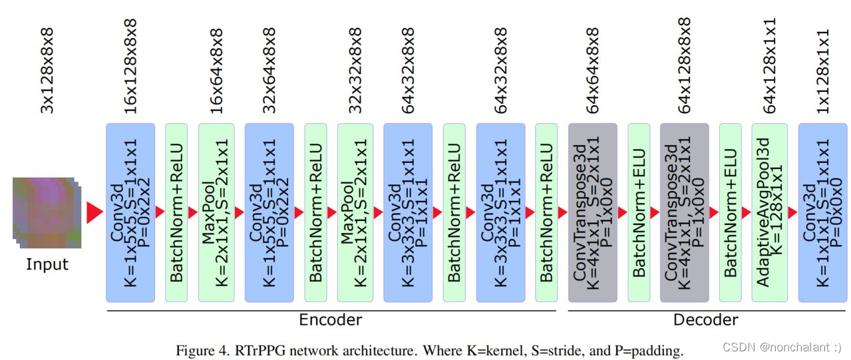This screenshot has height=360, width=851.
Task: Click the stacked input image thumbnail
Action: (x=46, y=212)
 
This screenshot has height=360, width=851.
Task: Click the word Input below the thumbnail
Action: (x=47, y=264)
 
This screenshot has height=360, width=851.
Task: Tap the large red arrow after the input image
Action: (x=94, y=212)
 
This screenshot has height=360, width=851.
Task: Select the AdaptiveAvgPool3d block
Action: (x=769, y=212)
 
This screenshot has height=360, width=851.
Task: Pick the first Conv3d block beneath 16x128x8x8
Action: (x=130, y=212)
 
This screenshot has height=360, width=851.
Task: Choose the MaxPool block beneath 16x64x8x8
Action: (x=216, y=212)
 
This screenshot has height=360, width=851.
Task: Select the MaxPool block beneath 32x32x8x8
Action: (x=355, y=212)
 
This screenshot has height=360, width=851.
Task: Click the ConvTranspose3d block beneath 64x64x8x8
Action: (x=592, y=212)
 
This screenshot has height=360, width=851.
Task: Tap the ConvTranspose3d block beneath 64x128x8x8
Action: (x=684, y=212)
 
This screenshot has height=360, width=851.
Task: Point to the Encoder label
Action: (x=331, y=320)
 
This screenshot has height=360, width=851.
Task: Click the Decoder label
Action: (x=705, y=320)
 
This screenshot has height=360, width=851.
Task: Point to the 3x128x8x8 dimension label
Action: (x=47, y=71)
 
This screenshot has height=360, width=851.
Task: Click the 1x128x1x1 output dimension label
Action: (x=822, y=71)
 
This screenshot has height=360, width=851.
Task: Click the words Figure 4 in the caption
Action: (x=198, y=349)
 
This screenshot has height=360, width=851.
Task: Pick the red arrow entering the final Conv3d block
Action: (x=792, y=212)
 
